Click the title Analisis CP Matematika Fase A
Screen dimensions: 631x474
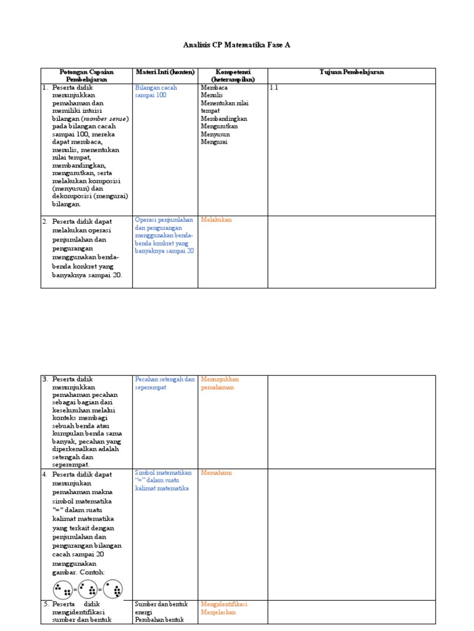pyautogui.click(x=237, y=45)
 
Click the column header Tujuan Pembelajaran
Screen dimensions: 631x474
pyautogui.click(x=351, y=72)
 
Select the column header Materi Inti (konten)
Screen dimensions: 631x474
pyautogui.click(x=165, y=72)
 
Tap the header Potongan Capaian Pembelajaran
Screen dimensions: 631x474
pyautogui.click(x=86, y=76)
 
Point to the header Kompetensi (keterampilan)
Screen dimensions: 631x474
pyautogui.click(x=232, y=76)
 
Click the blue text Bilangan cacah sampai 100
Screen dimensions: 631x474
pyautogui.click(x=156, y=91)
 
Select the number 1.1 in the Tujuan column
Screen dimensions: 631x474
pyautogui.click(x=274, y=88)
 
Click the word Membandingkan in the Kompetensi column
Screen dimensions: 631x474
pyautogui.click(x=224, y=118)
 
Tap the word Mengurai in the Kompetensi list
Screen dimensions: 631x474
pyautogui.click(x=214, y=142)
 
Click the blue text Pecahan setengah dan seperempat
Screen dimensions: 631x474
pyautogui.click(x=164, y=383)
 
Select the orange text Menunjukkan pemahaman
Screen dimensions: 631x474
pyautogui.click(x=220, y=383)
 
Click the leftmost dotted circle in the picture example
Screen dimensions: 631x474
pyautogui.click(x=62, y=589)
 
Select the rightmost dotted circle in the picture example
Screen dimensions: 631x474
pyautogui.click(x=112, y=589)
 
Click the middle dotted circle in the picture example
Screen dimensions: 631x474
pyautogui.click(x=88, y=589)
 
